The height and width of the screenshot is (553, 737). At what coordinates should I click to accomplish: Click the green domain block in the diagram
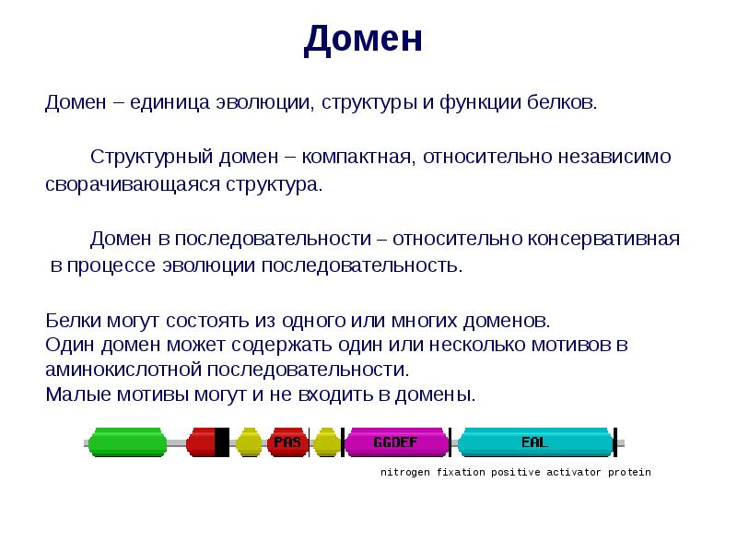pos(127,442)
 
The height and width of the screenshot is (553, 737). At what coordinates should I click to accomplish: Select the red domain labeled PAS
pos(288,442)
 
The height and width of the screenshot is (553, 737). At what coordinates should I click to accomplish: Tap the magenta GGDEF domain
pos(395,442)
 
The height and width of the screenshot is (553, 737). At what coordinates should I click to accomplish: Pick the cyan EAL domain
pos(534,442)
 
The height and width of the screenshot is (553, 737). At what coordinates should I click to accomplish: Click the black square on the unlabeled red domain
pos(221,442)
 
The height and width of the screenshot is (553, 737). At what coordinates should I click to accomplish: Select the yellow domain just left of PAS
pos(249,442)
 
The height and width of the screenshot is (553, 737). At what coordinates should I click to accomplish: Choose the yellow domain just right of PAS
pos(326,442)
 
